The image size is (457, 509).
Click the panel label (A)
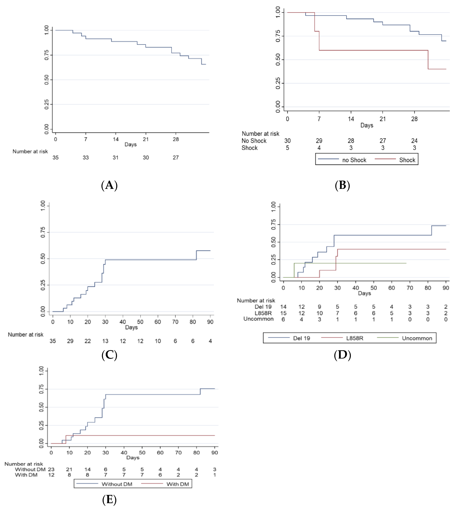109,185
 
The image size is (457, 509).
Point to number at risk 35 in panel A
56,158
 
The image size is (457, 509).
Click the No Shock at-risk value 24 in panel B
414,141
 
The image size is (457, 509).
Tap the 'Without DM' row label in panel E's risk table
30,469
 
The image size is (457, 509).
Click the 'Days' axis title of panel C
131,327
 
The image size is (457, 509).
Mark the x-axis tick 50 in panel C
140,322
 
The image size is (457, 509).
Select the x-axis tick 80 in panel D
428,288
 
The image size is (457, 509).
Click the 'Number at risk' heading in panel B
260,134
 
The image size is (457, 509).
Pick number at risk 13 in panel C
105,341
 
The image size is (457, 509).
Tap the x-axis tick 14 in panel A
116,139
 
